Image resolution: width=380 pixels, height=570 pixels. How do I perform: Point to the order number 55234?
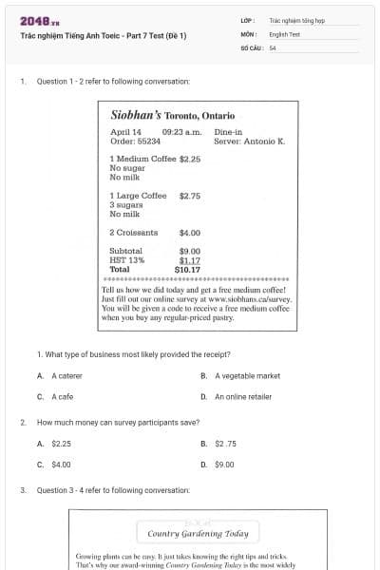pos(147,141)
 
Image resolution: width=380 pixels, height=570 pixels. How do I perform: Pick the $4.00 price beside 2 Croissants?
pos(190,232)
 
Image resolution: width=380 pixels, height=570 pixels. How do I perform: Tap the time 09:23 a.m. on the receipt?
pos(181,132)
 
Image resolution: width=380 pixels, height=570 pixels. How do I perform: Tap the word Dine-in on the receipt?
pos(229,132)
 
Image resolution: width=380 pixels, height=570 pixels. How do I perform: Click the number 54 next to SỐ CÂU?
pos(273,47)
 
